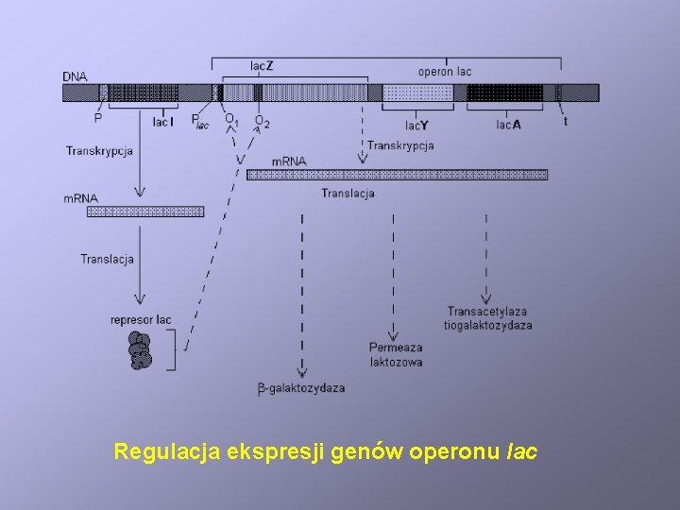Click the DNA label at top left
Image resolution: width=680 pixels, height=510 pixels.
click(x=74, y=76)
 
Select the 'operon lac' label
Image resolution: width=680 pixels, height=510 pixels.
click(x=445, y=71)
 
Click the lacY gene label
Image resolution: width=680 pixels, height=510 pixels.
click(x=416, y=124)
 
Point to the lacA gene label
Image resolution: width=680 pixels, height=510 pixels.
click(x=509, y=124)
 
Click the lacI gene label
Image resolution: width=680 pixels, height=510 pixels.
click(x=161, y=121)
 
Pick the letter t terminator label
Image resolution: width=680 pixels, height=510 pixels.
click(x=566, y=121)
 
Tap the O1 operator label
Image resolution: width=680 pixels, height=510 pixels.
click(x=230, y=120)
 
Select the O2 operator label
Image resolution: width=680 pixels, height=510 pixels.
click(x=262, y=122)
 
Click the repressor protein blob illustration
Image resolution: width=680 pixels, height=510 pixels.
click(x=140, y=350)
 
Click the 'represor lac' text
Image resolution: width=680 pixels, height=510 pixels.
click(x=141, y=320)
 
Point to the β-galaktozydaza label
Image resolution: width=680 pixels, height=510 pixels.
click(x=300, y=388)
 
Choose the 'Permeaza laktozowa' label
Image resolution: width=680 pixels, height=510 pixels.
click(x=396, y=354)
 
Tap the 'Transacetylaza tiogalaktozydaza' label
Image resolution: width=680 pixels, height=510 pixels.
click(x=487, y=318)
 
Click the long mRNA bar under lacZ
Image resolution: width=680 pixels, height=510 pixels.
click(x=397, y=175)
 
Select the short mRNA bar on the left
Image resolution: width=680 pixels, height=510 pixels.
click(x=145, y=212)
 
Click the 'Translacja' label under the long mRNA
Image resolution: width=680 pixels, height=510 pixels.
click(x=348, y=194)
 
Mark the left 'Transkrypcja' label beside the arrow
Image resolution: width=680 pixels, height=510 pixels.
click(x=99, y=150)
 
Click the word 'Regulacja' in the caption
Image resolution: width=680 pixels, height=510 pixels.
click(x=165, y=451)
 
